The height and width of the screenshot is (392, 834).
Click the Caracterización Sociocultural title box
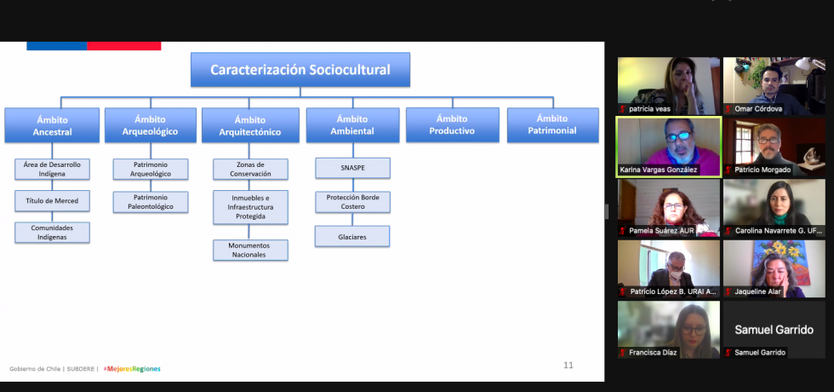(300, 70)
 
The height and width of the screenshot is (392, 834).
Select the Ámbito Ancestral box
(52, 125)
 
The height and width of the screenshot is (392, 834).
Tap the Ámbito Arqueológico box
(150, 125)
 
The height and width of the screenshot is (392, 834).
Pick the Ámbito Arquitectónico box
(250, 125)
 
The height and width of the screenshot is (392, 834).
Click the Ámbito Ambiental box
(352, 125)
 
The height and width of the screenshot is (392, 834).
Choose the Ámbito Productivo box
(452, 124)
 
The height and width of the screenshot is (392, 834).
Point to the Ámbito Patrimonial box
(552, 124)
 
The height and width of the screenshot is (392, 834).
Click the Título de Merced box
(52, 201)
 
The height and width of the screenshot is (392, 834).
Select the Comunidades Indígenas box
(52, 233)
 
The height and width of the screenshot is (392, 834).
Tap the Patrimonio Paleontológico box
(151, 202)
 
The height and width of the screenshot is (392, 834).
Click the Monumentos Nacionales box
(250, 250)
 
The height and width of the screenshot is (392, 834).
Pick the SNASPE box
(352, 168)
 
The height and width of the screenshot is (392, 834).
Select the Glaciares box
(352, 236)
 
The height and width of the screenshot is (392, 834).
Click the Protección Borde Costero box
(352, 202)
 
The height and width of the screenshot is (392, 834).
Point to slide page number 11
(568, 365)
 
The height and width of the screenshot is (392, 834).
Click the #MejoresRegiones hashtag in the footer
(131, 369)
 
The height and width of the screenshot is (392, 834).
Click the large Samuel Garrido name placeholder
(774, 330)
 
